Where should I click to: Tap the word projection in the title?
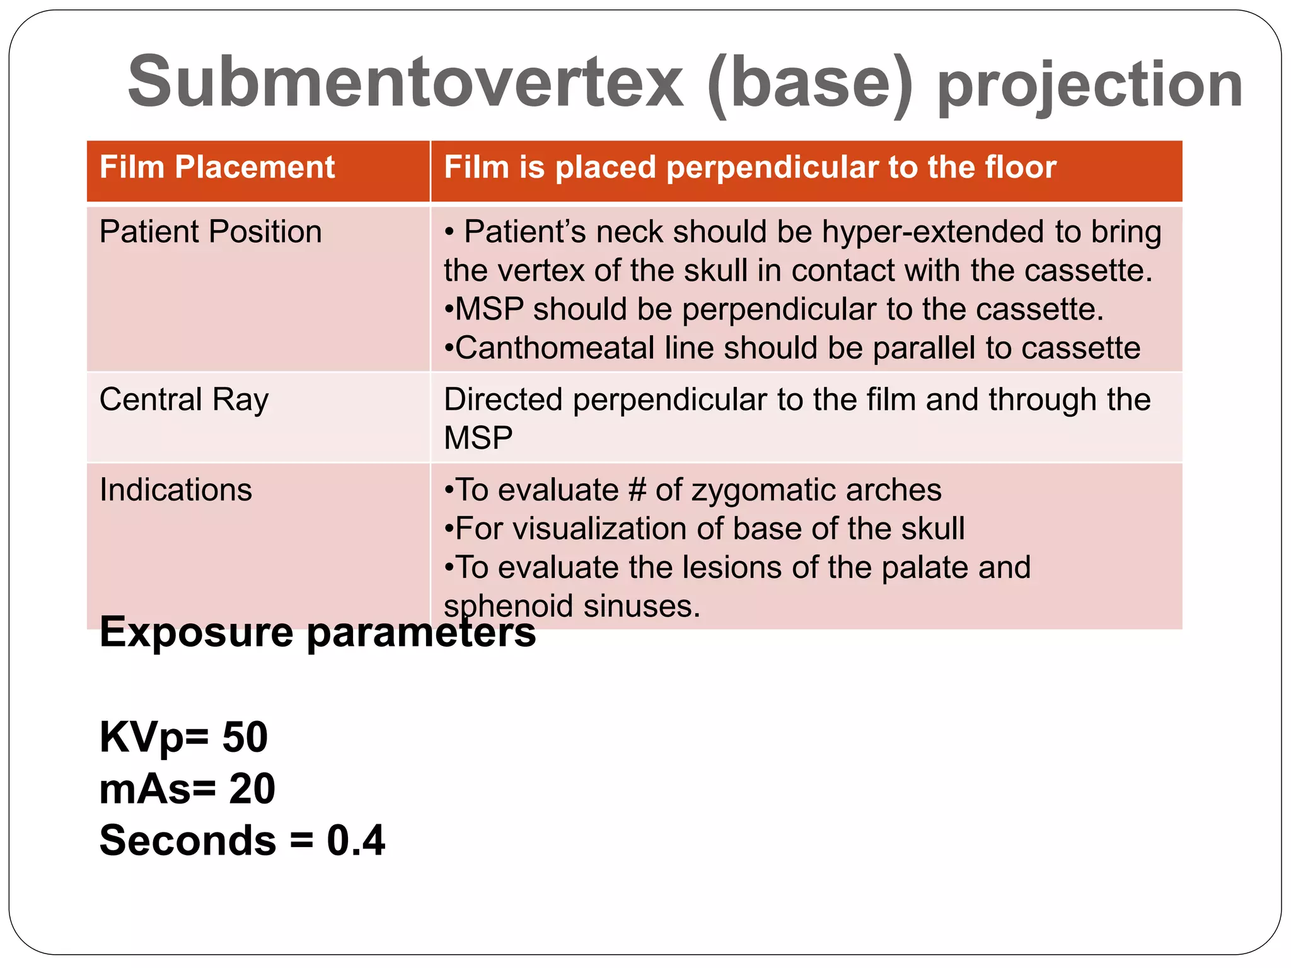(x=1090, y=86)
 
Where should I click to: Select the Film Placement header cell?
(x=217, y=168)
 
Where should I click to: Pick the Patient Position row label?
(x=211, y=231)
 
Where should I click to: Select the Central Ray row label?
(x=184, y=400)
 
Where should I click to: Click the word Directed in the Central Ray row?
(x=503, y=400)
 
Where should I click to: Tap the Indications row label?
(x=176, y=490)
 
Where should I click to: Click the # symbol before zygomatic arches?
(x=637, y=490)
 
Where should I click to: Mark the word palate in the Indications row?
(x=923, y=568)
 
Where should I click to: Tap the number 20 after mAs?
(x=252, y=789)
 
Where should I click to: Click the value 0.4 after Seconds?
(x=356, y=841)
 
